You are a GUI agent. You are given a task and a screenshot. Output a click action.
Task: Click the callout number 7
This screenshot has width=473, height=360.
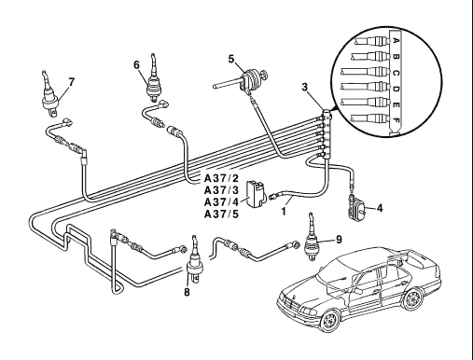pos(72,82)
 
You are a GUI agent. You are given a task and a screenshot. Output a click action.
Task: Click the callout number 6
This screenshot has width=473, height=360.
pos(136,64)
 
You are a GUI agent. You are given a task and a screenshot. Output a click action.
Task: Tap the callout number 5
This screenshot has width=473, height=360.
pos(231,59)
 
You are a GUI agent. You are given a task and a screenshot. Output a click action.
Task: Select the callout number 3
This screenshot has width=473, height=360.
pos(305,87)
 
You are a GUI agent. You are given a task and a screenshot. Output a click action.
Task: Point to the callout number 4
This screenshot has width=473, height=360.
pos(380,208)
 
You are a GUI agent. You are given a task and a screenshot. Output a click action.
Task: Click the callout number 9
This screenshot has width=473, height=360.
pos(339,239)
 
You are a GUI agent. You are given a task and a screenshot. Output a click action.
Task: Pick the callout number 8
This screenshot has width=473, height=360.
pos(187,292)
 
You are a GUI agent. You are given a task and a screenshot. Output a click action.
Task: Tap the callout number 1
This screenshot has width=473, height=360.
pos(284,212)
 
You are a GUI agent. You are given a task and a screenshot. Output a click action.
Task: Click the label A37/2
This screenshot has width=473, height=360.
pos(221,178)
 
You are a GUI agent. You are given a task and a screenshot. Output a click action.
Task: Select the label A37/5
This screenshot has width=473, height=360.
pos(221,215)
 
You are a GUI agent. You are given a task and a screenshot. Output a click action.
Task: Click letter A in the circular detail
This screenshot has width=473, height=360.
pos(396,40)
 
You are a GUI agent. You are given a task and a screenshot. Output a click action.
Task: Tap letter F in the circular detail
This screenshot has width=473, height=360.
pos(396,120)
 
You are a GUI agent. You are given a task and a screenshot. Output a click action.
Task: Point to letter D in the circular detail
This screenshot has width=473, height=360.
pos(396,89)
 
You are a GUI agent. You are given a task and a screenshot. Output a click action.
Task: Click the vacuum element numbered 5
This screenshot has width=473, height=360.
pos(249,78)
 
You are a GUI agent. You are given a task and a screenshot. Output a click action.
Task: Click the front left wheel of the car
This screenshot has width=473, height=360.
pos(330,321)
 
